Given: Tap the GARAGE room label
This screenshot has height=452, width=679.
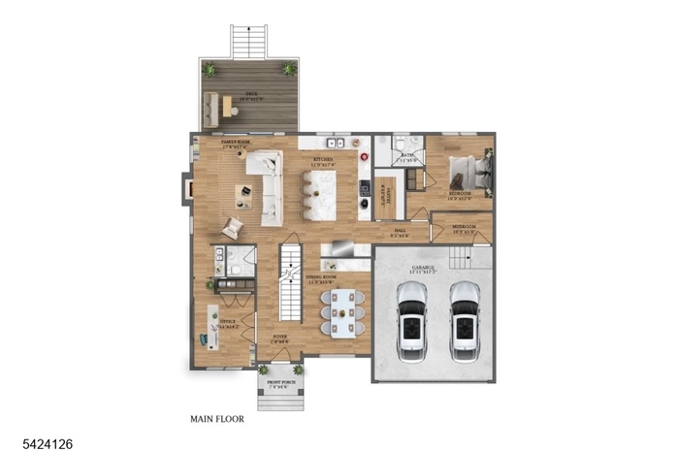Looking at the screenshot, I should tap(423, 268).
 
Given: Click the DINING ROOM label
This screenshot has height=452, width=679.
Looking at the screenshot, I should tap(320, 279).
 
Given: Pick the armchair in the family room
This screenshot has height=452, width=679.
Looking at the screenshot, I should tap(233, 228).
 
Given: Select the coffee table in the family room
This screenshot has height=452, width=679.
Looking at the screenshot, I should tap(242, 194).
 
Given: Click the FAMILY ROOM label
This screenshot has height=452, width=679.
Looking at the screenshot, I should tap(235, 144).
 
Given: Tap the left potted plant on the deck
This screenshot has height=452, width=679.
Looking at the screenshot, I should tap(210, 69).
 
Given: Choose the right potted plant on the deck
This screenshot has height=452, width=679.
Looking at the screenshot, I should tap(289, 69).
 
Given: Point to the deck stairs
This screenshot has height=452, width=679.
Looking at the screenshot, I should tap(247, 41).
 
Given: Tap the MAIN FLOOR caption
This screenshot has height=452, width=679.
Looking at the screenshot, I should tap(217, 420).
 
